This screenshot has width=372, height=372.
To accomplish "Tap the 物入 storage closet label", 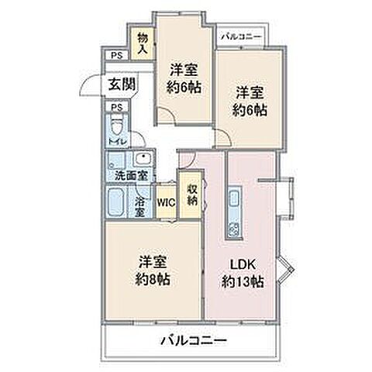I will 143,43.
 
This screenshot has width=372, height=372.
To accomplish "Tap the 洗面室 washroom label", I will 129,175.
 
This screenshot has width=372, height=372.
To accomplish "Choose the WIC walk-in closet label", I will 166,202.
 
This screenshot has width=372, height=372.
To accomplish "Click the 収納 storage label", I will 191,193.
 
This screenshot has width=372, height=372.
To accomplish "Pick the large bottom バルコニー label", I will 194,340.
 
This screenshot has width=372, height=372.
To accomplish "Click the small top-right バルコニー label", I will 242,36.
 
